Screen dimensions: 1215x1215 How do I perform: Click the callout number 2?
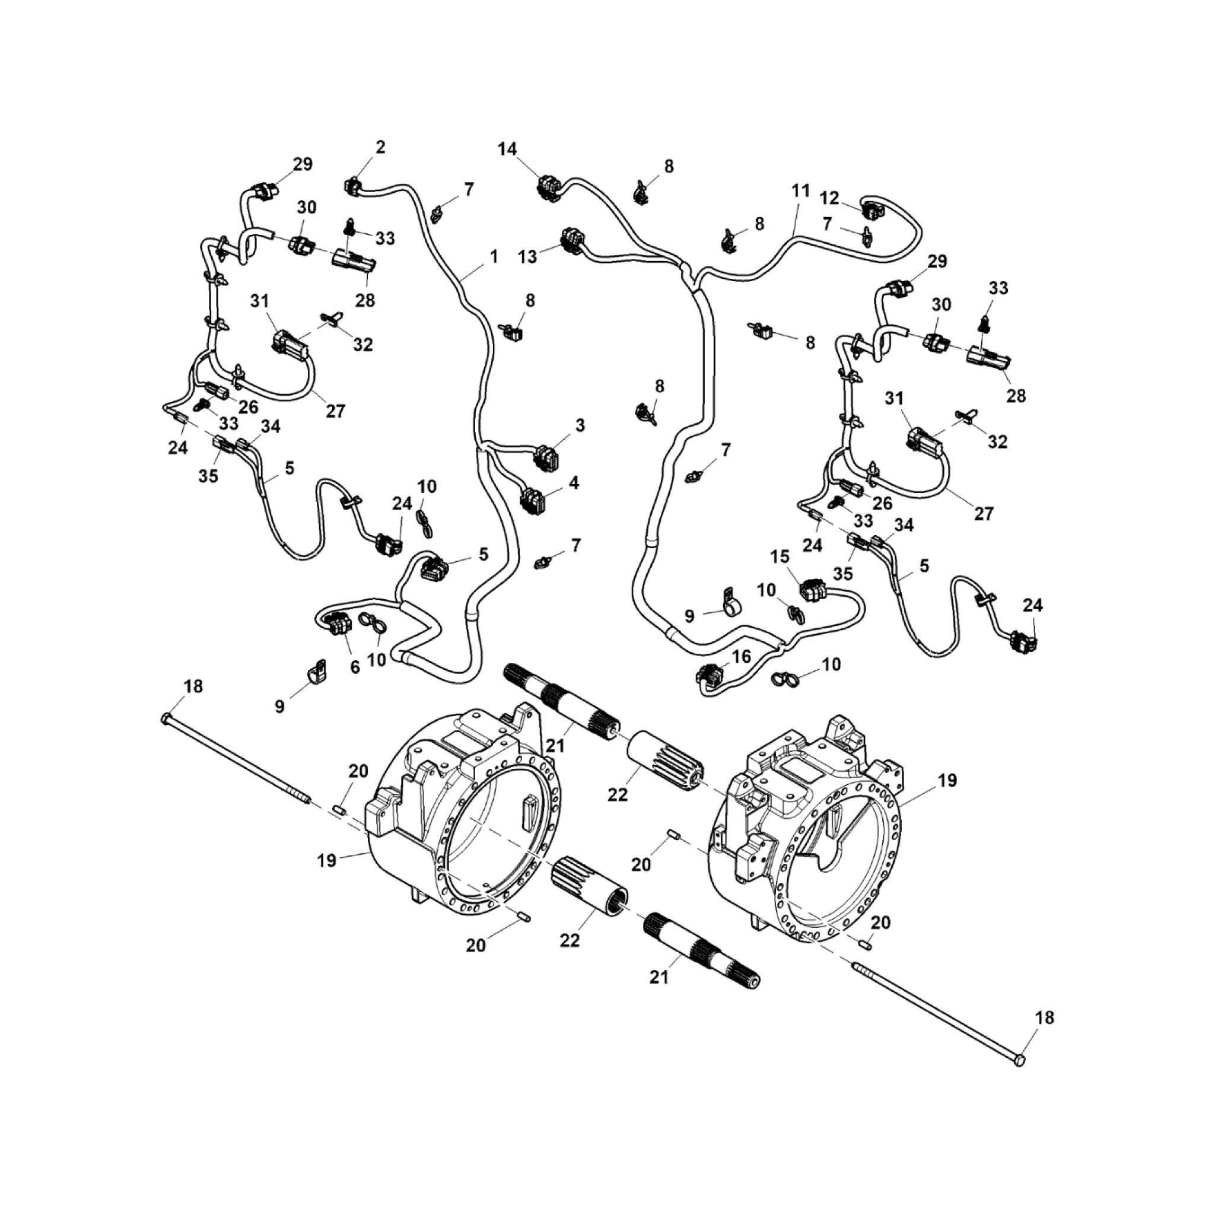click(380, 147)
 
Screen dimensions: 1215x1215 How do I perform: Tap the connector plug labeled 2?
click(354, 186)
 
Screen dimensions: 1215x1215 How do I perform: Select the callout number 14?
click(507, 149)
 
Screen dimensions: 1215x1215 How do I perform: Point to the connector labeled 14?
click(549, 187)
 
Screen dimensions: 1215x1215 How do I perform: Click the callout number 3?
click(580, 425)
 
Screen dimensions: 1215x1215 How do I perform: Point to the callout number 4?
click(574, 482)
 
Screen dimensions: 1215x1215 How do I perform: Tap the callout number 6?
click(355, 667)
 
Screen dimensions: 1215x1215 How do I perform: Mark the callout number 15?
click(780, 556)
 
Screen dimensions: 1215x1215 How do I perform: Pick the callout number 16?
click(742, 657)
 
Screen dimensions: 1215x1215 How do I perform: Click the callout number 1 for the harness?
click(494, 256)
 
